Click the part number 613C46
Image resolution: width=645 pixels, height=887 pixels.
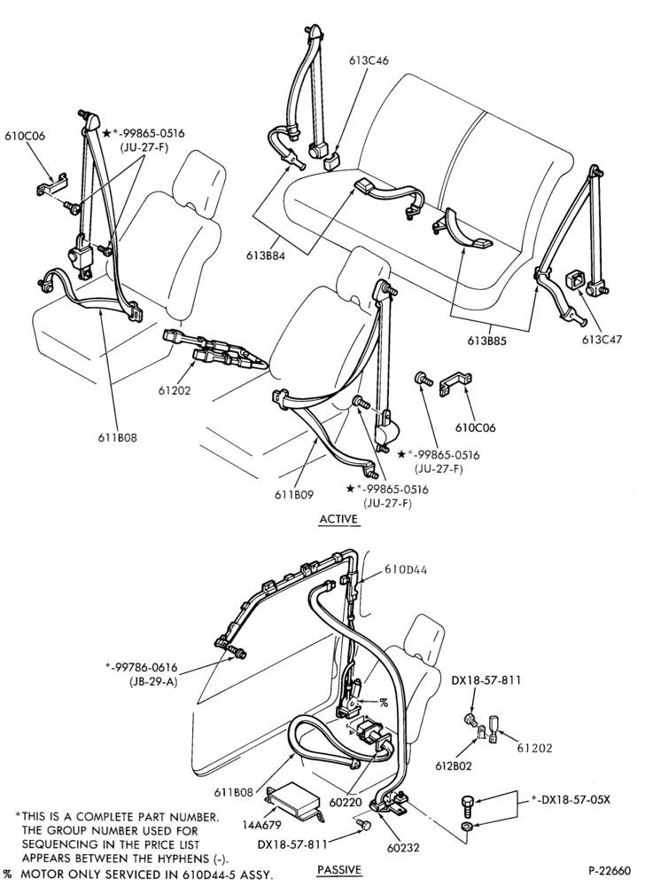(369, 60)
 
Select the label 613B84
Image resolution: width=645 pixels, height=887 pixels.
(266, 255)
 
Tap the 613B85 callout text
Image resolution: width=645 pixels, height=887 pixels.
(487, 341)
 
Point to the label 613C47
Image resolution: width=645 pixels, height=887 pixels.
(602, 340)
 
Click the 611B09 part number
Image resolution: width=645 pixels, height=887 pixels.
(293, 494)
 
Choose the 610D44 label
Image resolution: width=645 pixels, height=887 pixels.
(406, 569)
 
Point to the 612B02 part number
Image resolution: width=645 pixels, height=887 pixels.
(454, 766)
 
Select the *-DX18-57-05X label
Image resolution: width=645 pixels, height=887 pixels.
(571, 800)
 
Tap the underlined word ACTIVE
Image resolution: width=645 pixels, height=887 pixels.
(338, 519)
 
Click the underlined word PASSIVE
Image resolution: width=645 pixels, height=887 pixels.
(338, 869)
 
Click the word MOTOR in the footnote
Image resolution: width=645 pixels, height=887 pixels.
(41, 874)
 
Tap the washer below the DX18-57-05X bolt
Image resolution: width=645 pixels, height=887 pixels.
(468, 828)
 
